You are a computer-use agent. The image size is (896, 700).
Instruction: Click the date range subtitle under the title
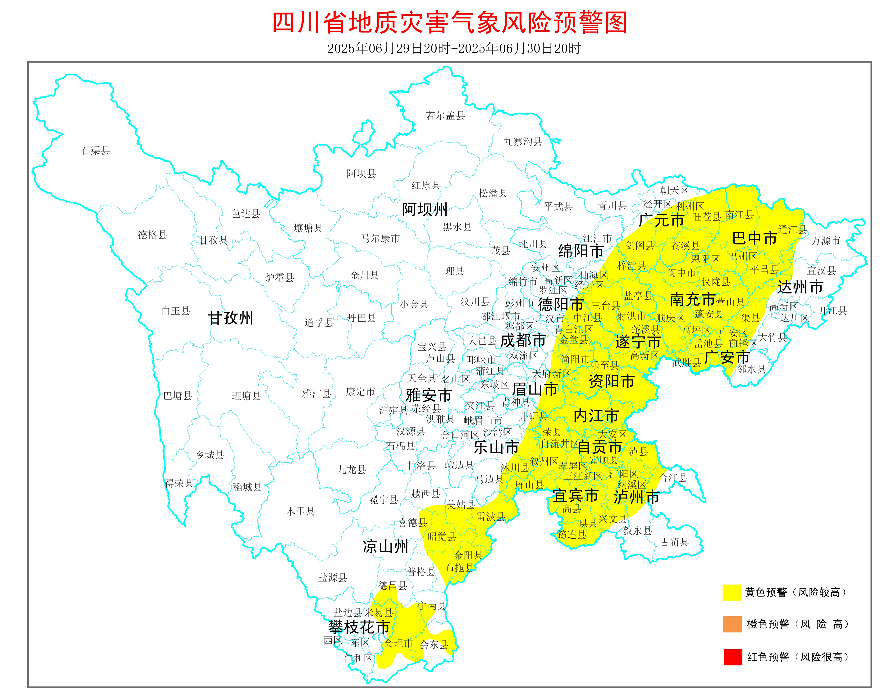454,48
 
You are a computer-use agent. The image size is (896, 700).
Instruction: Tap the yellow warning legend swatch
732,592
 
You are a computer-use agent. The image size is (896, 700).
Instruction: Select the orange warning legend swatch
732,624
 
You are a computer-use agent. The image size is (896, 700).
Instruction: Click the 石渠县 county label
95,151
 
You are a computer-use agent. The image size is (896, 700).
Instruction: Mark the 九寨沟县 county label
523,142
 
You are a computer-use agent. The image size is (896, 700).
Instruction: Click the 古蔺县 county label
674,542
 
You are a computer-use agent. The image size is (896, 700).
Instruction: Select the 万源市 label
825,241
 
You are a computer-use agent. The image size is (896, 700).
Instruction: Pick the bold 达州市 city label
800,287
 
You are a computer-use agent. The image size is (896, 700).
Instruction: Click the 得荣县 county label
179,483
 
